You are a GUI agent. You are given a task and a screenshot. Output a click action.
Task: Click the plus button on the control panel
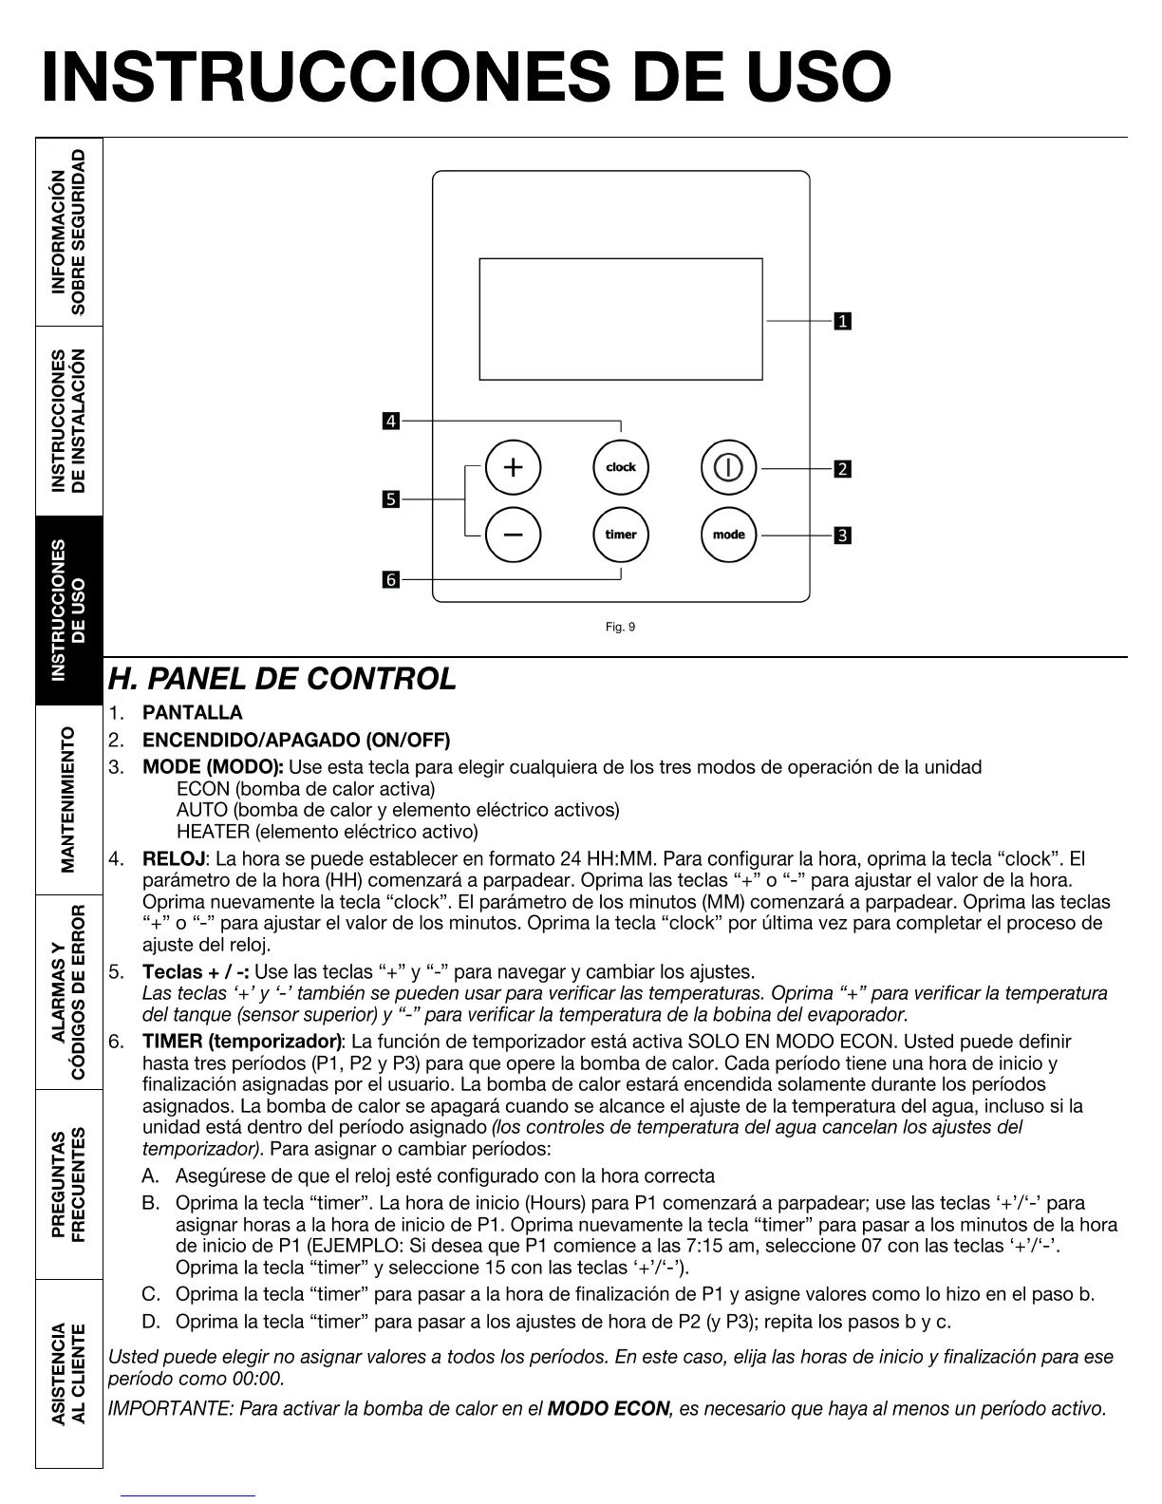513,467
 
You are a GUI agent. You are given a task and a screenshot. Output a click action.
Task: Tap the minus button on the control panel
513,535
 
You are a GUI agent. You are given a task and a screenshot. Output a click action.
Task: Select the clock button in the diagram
621,467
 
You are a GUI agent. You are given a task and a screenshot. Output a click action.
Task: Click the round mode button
728,535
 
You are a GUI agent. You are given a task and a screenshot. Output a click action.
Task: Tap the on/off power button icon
728,467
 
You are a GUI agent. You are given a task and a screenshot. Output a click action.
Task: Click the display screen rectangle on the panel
621,319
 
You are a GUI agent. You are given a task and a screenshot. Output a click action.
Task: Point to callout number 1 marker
842,321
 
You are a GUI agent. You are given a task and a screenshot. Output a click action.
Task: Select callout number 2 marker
842,468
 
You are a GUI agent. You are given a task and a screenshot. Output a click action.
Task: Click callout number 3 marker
842,536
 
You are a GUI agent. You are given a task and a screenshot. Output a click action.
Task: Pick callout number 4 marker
391,421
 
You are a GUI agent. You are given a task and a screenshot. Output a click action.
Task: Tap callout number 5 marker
391,498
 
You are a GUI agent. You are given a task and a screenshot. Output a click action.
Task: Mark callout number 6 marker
391,578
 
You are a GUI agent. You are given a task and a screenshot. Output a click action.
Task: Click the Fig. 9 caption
620,627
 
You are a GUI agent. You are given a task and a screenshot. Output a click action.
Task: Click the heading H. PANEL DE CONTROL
282,679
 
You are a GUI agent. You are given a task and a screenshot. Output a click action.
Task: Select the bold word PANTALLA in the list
193,712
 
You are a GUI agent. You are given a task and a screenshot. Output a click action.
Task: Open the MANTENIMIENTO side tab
68,799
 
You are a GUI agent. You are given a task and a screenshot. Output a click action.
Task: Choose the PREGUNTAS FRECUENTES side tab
68,1184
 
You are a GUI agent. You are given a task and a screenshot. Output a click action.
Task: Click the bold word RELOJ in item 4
173,859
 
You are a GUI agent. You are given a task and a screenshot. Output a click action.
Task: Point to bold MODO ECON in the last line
609,1408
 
